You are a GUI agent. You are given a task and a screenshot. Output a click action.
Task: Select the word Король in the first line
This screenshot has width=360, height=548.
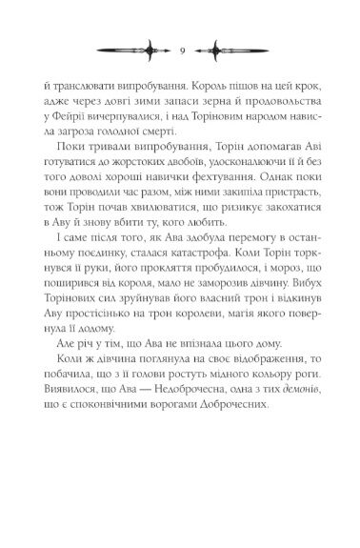click(202, 85)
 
